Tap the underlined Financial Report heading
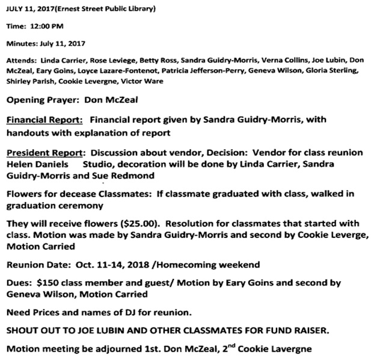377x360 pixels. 45,120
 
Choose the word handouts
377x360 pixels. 28,132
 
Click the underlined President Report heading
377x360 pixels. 46,153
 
